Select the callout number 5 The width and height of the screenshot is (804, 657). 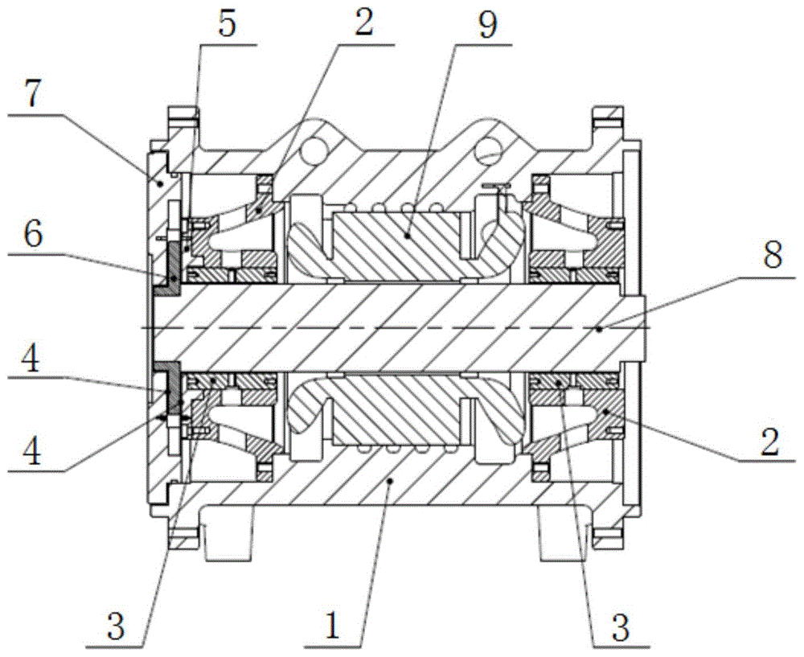(227, 24)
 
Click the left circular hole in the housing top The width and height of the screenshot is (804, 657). (314, 149)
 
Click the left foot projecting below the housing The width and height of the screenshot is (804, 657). (226, 540)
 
